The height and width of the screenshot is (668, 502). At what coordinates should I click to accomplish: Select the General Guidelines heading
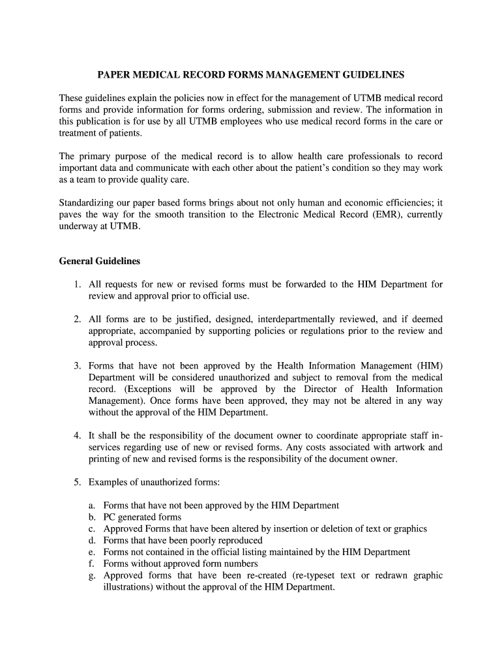pos(100,261)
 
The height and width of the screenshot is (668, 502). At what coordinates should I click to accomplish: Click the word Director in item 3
pos(301,389)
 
